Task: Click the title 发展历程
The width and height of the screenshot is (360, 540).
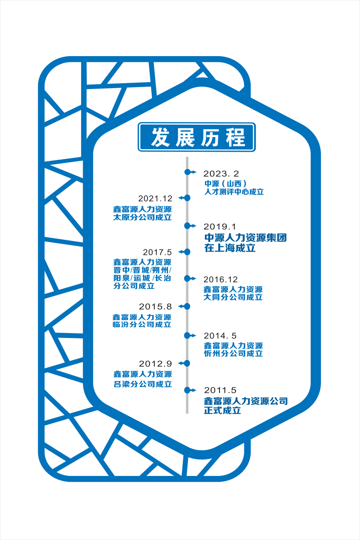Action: [197, 137]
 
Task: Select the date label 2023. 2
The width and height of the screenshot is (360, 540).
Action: [222, 174]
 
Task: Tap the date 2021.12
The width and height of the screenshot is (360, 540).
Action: [155, 199]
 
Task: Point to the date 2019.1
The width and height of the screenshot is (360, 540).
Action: [219, 227]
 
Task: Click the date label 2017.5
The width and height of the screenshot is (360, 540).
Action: [157, 252]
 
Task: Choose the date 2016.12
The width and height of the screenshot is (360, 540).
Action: [220, 280]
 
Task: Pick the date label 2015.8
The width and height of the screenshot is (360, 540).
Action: [155, 307]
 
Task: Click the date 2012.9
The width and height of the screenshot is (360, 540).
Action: [155, 364]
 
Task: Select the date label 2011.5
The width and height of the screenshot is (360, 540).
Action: [220, 390]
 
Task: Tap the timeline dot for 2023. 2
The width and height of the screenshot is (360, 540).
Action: [187, 172]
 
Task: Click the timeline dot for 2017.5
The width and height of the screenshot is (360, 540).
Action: [187, 252]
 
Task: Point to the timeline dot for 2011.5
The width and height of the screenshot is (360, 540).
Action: [187, 390]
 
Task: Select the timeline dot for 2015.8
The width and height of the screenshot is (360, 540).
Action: [187, 306]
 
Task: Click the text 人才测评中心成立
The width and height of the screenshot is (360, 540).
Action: [234, 192]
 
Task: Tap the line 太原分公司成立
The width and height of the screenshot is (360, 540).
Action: [142, 217]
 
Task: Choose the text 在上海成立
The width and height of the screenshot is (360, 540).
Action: [229, 248]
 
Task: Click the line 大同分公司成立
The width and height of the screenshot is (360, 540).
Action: [233, 298]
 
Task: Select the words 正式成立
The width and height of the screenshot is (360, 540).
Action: [222, 411]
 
